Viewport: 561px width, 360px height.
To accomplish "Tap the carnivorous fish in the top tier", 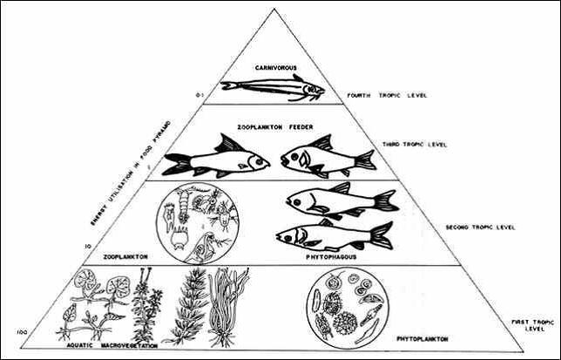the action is pyautogui.click(x=272, y=86).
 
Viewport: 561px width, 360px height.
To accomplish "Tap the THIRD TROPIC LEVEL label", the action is pyautogui.click(x=414, y=144).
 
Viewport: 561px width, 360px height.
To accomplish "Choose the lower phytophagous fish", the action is pyautogui.click(x=334, y=234).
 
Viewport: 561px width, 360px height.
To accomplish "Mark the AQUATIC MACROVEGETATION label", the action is pyautogui.click(x=107, y=344).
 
